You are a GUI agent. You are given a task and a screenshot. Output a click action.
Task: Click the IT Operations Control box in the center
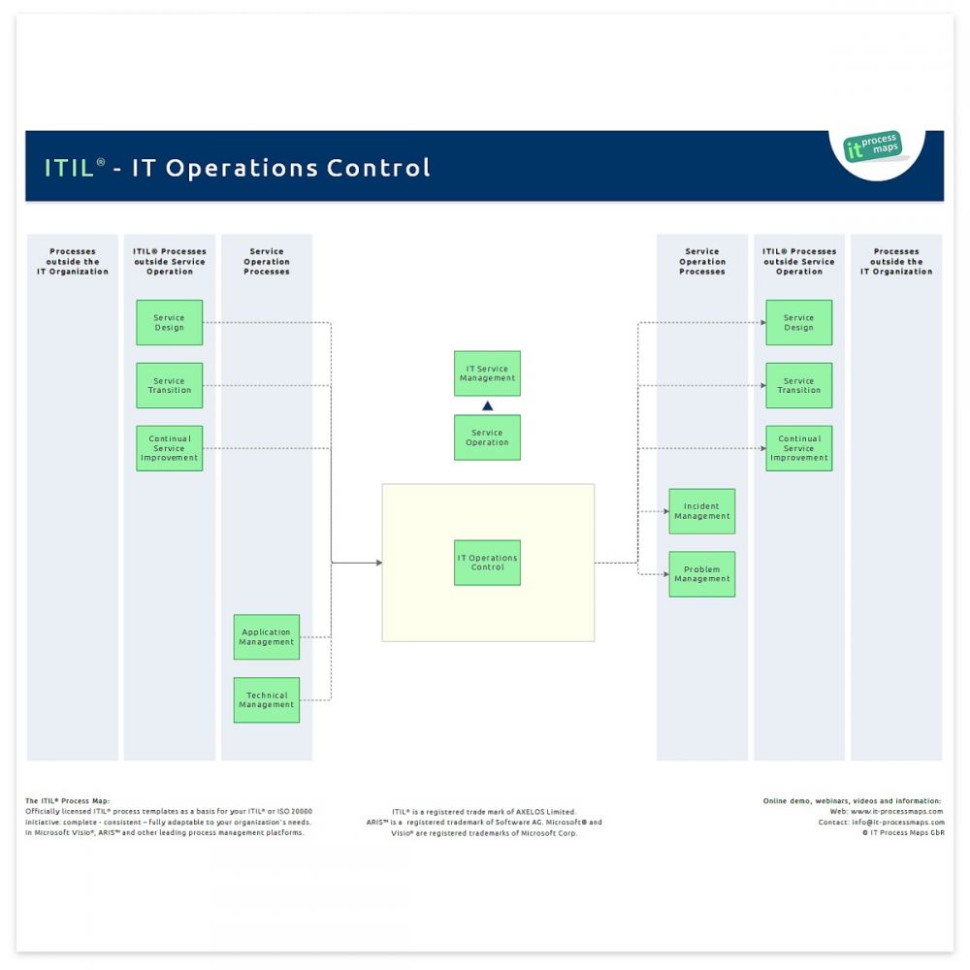pos(487,563)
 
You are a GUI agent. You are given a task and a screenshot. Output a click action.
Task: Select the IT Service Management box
pos(487,373)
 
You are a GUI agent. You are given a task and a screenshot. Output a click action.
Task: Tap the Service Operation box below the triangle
pos(487,437)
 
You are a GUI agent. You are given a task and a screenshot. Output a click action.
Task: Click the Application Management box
pos(267,637)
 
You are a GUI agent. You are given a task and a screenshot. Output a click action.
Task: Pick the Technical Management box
pos(267,700)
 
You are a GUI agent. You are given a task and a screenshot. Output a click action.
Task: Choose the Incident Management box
pos(701,511)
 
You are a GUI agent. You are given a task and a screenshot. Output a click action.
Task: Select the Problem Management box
pos(701,574)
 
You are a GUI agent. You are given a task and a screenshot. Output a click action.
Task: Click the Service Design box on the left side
pos(170,322)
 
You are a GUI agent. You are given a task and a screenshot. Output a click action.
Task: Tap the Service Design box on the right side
pos(798,322)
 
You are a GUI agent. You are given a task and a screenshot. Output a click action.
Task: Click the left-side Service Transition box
pos(170,385)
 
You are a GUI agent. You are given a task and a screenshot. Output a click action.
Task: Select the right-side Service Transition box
pos(798,385)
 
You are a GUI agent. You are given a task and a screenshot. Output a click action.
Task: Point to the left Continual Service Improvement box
pos(170,448)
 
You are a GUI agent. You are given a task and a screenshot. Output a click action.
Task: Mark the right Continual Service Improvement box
pos(798,448)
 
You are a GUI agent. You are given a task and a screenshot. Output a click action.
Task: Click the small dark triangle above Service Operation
pos(488,406)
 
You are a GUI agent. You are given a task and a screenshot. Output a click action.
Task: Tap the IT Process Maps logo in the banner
pos(873,147)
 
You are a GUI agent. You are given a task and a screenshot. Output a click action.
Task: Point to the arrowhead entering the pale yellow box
pos(378,563)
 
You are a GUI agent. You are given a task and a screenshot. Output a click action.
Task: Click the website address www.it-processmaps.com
pos(896,811)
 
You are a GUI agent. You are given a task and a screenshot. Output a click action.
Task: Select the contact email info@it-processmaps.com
pos(897,822)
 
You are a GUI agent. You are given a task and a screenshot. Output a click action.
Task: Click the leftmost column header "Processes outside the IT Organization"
pos(73,261)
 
